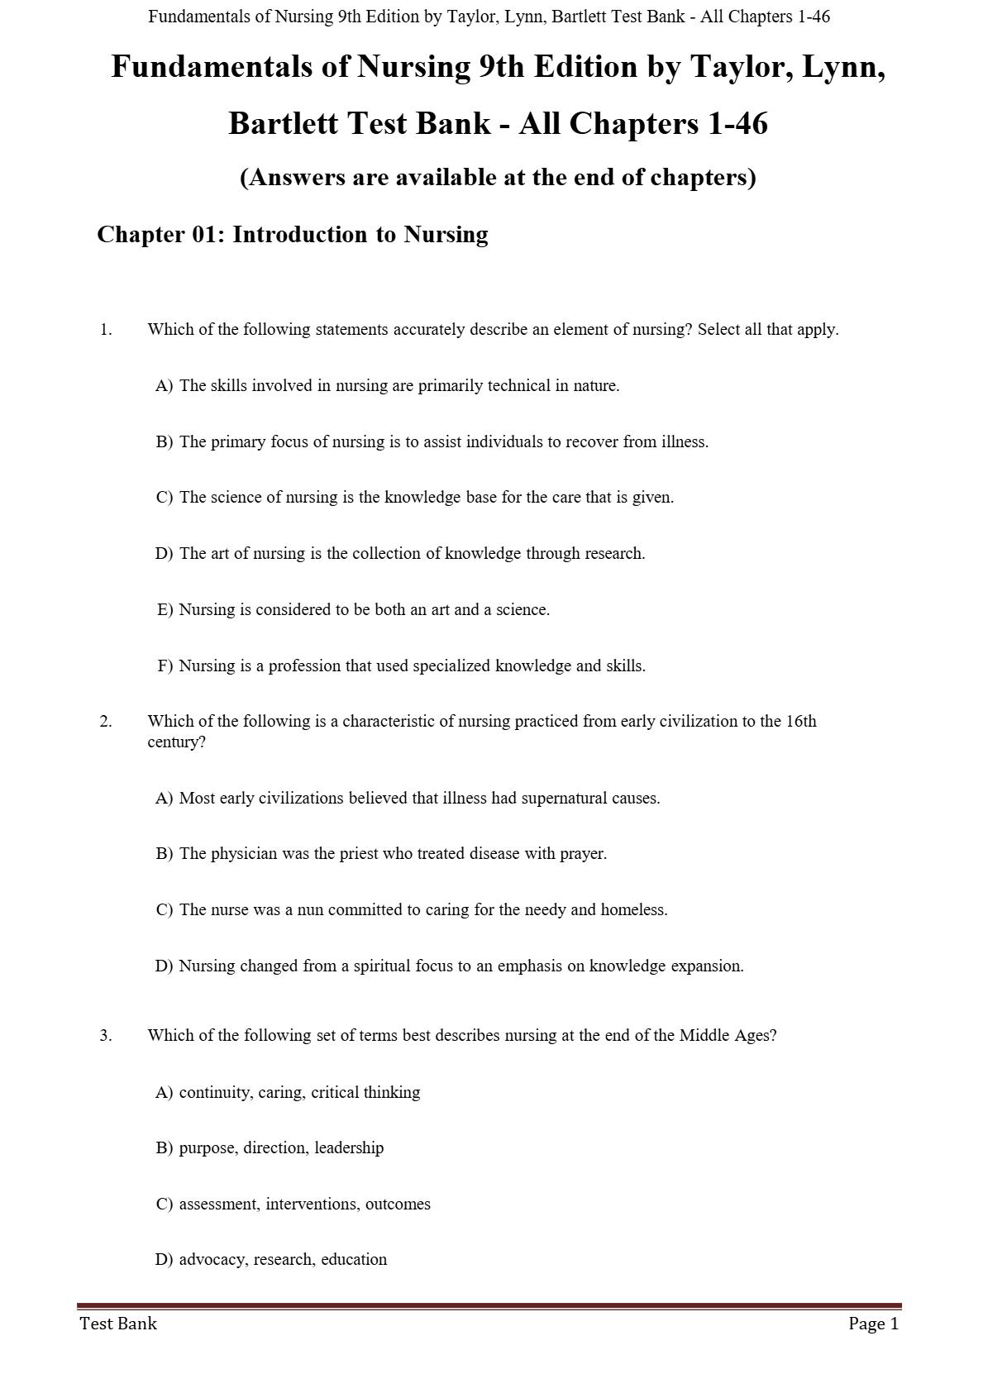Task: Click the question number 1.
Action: tap(105, 330)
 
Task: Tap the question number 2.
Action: tap(105, 722)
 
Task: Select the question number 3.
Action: tap(105, 1036)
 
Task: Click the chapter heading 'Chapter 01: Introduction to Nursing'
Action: tap(293, 235)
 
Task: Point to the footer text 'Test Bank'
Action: tap(118, 1324)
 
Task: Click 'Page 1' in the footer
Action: tap(873, 1324)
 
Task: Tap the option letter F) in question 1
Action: tap(165, 666)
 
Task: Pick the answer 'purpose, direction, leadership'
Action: tap(281, 1148)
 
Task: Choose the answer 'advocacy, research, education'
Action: tap(283, 1260)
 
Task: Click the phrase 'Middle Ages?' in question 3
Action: tap(728, 1036)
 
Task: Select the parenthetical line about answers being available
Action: tap(498, 178)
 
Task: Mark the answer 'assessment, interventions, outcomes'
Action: tap(304, 1205)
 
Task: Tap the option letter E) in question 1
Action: tap(165, 610)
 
